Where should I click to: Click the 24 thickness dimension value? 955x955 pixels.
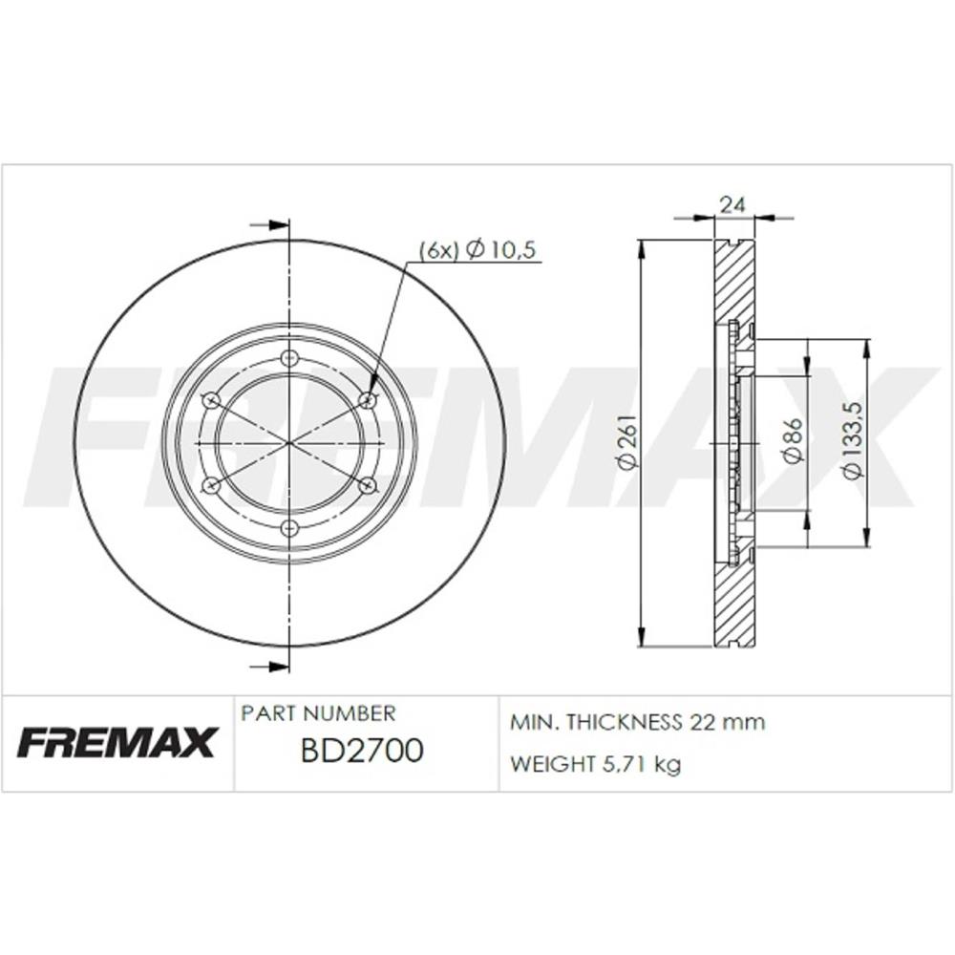coord(732,204)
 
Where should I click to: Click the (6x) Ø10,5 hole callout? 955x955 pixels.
coord(478,249)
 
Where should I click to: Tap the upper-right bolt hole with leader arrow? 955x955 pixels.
coord(367,400)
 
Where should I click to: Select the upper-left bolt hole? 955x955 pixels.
coord(212,400)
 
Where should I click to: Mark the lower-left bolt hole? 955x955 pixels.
coord(212,485)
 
